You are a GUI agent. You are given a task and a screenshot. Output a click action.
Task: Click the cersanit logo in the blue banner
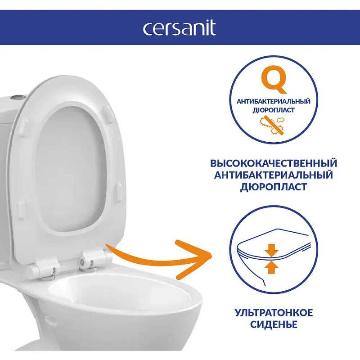coord(179,28)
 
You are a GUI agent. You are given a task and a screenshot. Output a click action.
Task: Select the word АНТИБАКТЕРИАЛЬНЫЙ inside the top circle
coord(274,102)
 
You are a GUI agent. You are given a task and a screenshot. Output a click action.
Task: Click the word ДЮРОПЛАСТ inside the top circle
coord(274,110)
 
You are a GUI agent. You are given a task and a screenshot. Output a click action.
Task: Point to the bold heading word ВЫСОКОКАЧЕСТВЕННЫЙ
coord(274,163)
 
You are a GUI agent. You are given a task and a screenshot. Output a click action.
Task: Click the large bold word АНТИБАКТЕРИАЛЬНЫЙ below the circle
coord(274,175)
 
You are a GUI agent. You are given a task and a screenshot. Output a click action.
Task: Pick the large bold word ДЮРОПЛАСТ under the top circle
coord(274,187)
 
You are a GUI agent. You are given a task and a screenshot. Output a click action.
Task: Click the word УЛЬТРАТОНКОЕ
coord(274,313)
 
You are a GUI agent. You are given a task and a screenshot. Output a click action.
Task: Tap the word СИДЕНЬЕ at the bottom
coord(274,324)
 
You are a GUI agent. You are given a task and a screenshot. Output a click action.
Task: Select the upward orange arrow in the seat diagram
coord(271,267)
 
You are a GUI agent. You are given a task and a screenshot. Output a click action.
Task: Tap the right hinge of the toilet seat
coord(92,259)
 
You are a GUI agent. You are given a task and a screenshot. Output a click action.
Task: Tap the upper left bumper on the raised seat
coord(23,128)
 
